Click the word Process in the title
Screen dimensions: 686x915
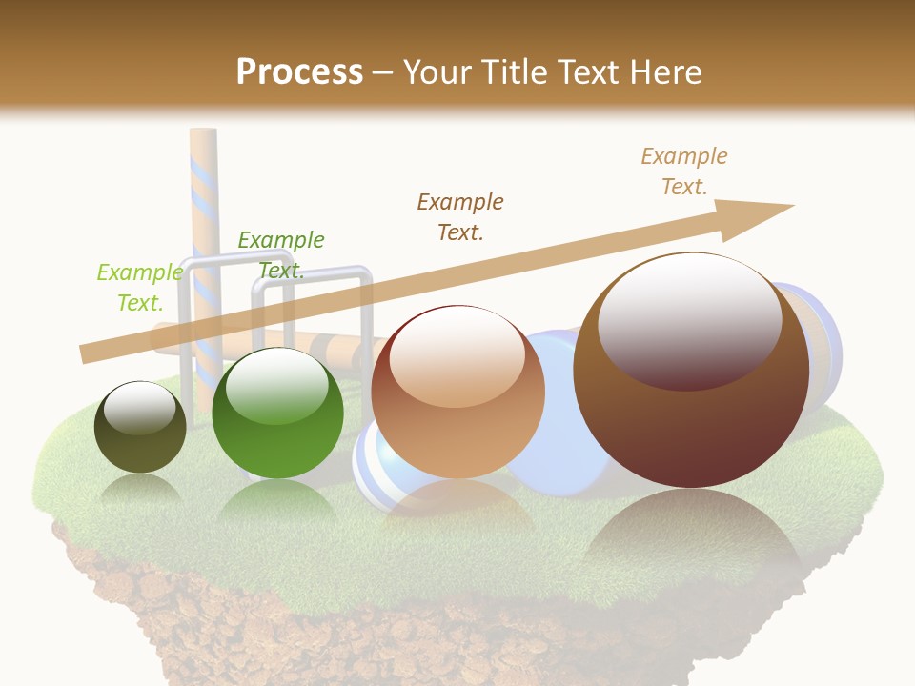[x=299, y=71]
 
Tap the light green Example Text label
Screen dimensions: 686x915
[x=139, y=288]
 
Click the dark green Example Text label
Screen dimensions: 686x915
[x=280, y=255]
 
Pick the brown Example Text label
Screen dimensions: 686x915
[x=460, y=216]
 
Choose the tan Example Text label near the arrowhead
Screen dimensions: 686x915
[x=683, y=171]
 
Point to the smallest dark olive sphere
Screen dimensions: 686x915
[x=140, y=427]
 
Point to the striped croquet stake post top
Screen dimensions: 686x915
[x=203, y=143]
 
